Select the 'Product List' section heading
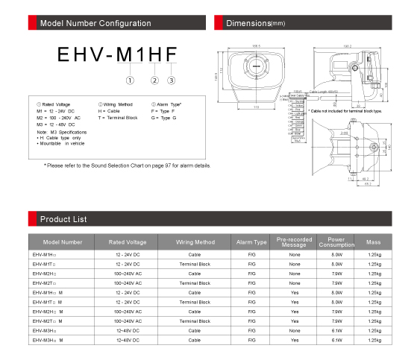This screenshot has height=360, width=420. pyautogui.click(x=63, y=219)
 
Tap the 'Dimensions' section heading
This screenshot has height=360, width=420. pyautogui.click(x=254, y=24)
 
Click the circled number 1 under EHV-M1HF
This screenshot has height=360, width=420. pyautogui.click(x=130, y=80)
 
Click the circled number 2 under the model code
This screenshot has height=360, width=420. pyautogui.click(x=154, y=80)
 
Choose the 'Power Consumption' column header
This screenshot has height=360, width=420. pyautogui.click(x=336, y=242)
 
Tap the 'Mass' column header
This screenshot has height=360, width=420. pyautogui.click(x=374, y=242)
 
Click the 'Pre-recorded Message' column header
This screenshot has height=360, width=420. pyautogui.click(x=295, y=242)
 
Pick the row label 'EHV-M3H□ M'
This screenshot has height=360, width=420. pyautogui.click(x=48, y=339)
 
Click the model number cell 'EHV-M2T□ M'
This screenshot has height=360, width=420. pyautogui.click(x=48, y=320)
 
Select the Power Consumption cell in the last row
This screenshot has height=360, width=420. pyautogui.click(x=336, y=339)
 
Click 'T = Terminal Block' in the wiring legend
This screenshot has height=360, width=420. pyautogui.click(x=118, y=118)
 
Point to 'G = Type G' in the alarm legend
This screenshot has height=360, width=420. pyautogui.click(x=164, y=118)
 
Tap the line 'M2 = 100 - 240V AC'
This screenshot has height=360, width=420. pyautogui.click(x=59, y=118)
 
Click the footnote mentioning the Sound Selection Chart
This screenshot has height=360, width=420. pyautogui.click(x=127, y=165)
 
